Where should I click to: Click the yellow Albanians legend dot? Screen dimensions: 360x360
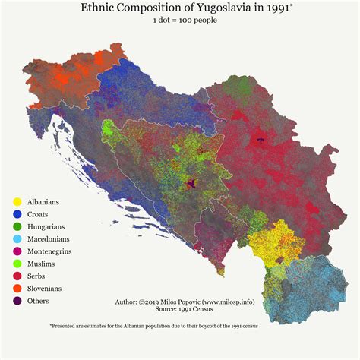point(17,203)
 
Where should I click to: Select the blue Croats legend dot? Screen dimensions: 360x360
point(17,215)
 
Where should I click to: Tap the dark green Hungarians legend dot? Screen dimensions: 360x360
point(17,227)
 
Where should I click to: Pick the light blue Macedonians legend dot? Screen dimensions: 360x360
point(17,239)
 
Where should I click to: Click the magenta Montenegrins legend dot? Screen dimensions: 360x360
point(17,251)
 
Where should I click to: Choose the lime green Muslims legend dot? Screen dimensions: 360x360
point(17,264)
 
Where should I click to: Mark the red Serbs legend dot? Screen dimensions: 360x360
point(17,276)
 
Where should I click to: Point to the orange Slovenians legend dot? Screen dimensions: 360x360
point(17,289)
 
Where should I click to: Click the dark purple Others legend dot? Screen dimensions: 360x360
point(17,301)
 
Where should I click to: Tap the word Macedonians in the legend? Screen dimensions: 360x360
point(52,239)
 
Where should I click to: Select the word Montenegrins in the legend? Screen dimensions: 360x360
point(53,251)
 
